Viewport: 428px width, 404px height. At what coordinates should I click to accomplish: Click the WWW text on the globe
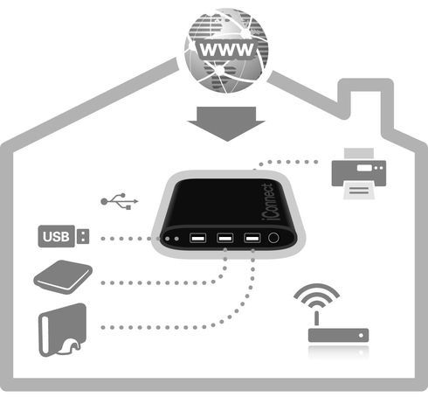coord(227,50)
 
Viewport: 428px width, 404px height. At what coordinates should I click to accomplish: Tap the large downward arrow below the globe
coord(226,123)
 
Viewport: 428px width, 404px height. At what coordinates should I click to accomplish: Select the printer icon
coord(359,173)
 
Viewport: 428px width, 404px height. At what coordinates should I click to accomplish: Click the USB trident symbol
coord(120,201)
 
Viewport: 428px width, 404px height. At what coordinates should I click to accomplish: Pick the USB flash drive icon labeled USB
coord(64,236)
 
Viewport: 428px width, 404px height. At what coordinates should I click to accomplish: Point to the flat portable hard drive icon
coord(63,277)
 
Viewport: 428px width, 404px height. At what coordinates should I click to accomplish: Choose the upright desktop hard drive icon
coord(63,330)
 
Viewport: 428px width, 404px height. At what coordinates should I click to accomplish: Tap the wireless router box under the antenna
coord(338,335)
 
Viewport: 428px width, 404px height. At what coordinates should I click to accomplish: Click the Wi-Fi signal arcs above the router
coord(316,296)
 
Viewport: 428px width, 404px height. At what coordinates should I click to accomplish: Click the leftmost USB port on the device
coord(198,238)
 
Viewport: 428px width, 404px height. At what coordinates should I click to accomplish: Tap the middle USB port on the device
coord(224,238)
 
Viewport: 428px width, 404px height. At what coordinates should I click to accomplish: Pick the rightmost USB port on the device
coord(252,238)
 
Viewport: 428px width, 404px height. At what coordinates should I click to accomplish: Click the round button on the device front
coord(273,238)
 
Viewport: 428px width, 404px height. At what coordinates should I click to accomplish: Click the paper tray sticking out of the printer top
coord(359,154)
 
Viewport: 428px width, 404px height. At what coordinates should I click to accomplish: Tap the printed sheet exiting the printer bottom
coord(359,191)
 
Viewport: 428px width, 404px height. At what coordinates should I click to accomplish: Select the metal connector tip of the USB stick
coord(83,236)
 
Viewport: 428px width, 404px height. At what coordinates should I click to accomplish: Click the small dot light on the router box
coord(361,335)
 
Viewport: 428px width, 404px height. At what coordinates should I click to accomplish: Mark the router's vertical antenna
coord(317,319)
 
